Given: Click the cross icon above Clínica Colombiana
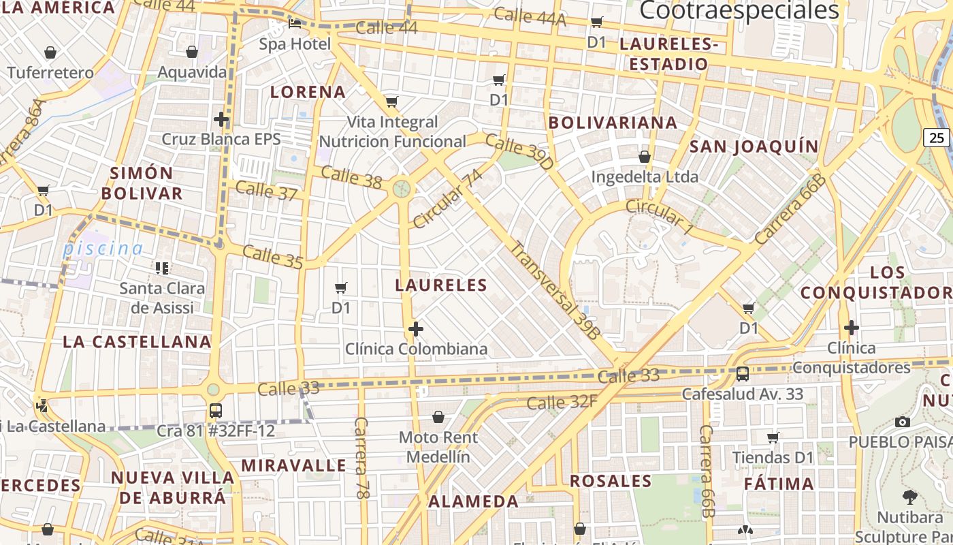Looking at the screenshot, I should pos(415,330).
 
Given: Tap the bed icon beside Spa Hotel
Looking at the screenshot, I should pos(295,24).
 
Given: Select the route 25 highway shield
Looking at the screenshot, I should pos(937,137).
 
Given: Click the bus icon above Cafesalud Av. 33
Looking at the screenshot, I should pos(742,373).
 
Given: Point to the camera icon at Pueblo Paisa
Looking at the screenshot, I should pos(903,422).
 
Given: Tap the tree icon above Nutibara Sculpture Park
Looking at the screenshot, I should pos(909,497).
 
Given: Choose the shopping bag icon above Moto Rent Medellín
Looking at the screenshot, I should pos(438,416).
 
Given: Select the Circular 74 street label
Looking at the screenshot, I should pos(447,199).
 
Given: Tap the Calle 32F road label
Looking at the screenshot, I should pos(562,403).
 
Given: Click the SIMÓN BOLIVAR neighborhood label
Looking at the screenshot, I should pos(142,183).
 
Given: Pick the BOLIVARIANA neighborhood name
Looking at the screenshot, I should pos(613,123).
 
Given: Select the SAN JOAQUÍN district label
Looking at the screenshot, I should pos(754,146).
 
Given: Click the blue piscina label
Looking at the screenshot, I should pos(103,249).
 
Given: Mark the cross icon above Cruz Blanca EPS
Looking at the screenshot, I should pos(221,120).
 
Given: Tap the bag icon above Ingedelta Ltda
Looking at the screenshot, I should pos(644,157).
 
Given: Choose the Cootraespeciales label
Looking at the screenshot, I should pos(739,11).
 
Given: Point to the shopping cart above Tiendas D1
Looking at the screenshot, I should pos(773,437).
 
